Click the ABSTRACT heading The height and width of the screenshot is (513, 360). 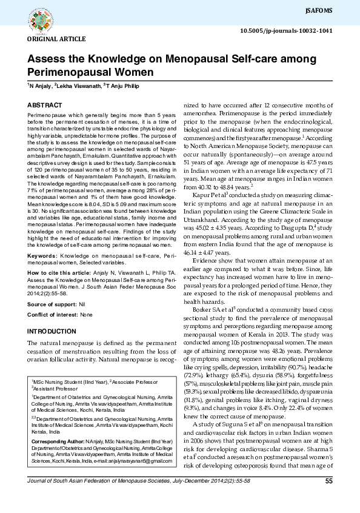point(44,105)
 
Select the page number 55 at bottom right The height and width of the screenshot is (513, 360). point(329,499)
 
